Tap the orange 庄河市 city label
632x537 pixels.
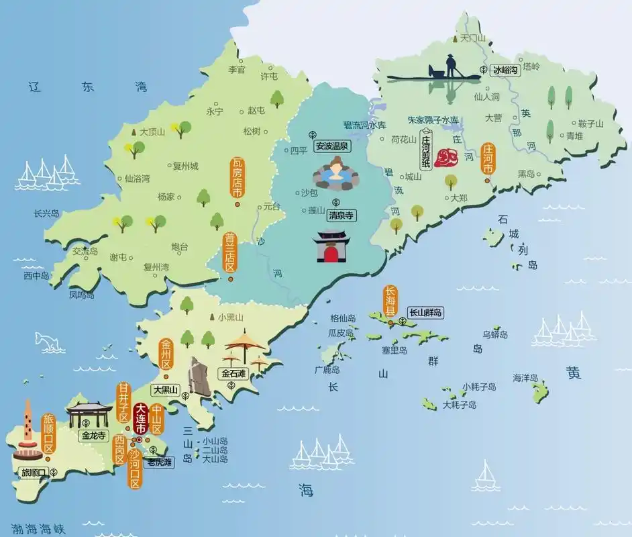pos(488,159)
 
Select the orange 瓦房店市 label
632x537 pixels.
pos(236,177)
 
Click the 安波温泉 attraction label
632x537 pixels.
pos(332,145)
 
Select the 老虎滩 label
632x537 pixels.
pos(160,462)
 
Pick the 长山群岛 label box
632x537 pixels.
pos(426,312)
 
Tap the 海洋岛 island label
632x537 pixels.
pos(526,378)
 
